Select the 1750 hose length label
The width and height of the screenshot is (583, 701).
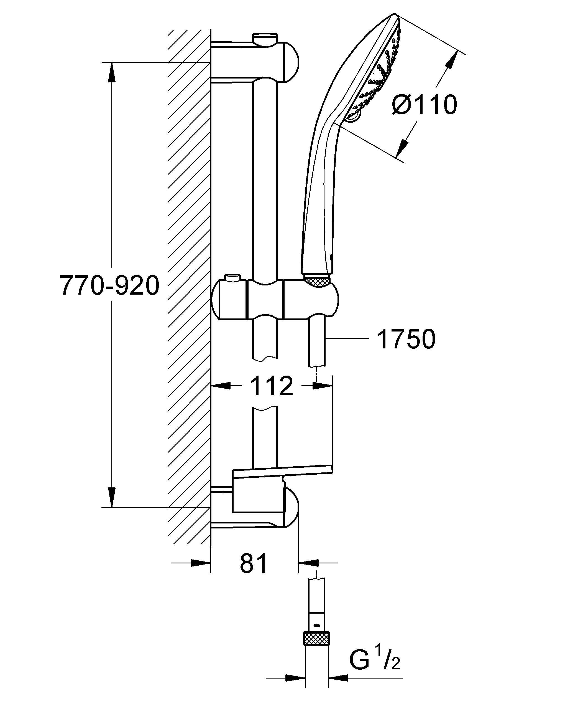pyautogui.click(x=406, y=340)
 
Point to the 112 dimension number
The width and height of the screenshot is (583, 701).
pyautogui.click(x=272, y=386)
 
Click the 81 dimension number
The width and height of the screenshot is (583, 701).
pyautogui.click(x=254, y=563)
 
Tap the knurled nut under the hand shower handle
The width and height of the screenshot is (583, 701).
pyautogui.click(x=317, y=281)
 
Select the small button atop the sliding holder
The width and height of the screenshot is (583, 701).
pyautogui.click(x=232, y=278)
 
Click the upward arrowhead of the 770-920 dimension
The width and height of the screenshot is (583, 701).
pyautogui.click(x=112, y=72)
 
